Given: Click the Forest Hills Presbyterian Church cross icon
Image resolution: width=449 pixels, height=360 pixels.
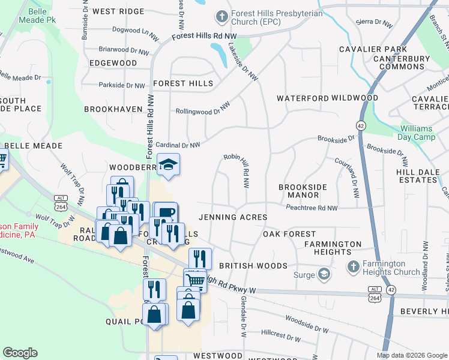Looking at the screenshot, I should click(222, 17).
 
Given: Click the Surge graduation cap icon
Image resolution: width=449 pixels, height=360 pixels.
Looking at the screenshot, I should click(324, 275).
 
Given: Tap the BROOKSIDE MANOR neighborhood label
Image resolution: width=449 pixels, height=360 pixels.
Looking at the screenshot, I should click(303, 191).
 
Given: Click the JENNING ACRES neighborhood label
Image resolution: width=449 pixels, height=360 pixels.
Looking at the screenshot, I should click(232, 217).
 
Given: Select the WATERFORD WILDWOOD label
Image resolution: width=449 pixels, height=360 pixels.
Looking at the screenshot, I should click(327, 98).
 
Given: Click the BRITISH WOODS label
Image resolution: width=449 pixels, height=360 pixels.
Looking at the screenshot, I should click(249, 265).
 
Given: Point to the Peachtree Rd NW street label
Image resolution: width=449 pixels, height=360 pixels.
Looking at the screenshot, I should click(312, 208).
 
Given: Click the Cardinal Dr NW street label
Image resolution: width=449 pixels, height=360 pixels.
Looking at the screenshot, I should click(178, 145).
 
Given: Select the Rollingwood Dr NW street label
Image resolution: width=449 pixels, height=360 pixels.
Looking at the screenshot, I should click(203, 109).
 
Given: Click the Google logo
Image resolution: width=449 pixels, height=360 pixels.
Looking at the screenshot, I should click(20, 353).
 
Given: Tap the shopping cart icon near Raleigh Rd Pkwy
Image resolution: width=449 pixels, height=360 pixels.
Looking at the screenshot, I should click(196, 280).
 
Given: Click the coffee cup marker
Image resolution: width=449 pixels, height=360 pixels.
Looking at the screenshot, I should click(166, 213).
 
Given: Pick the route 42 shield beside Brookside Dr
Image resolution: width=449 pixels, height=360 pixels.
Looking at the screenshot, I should click(360, 125).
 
